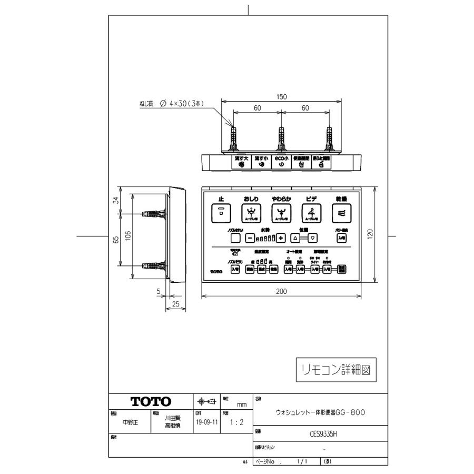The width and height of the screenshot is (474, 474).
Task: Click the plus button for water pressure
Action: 281,238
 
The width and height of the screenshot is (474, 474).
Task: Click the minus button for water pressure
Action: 250,238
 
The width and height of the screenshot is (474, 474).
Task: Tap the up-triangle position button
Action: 295,238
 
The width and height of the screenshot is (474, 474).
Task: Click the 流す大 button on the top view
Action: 242,162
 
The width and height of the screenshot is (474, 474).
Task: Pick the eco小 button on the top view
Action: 281,162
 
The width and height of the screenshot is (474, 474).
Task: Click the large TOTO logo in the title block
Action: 151,401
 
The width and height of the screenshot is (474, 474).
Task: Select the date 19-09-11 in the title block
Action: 207,422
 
